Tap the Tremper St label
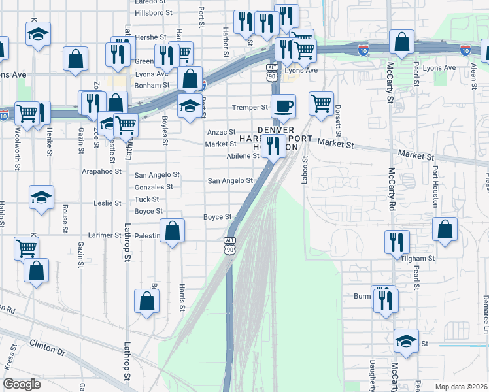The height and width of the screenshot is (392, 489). tap(250, 107)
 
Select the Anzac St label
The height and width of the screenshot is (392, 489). tap(221, 132)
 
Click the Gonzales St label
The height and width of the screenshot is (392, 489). tap(153, 187)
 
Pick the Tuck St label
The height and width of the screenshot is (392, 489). tap(146, 199)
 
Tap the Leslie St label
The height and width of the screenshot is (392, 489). tap(108, 203)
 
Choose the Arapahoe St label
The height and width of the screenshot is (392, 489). tap(101, 171)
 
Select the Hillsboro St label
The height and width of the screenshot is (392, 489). tap(153, 12)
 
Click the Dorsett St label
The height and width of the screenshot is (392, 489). tap(338, 118)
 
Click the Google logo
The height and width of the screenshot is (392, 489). tap(22, 384)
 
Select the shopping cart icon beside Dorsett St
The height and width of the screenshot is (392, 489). tap(321, 103)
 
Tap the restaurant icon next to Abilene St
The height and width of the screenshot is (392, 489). tap(273, 145)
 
